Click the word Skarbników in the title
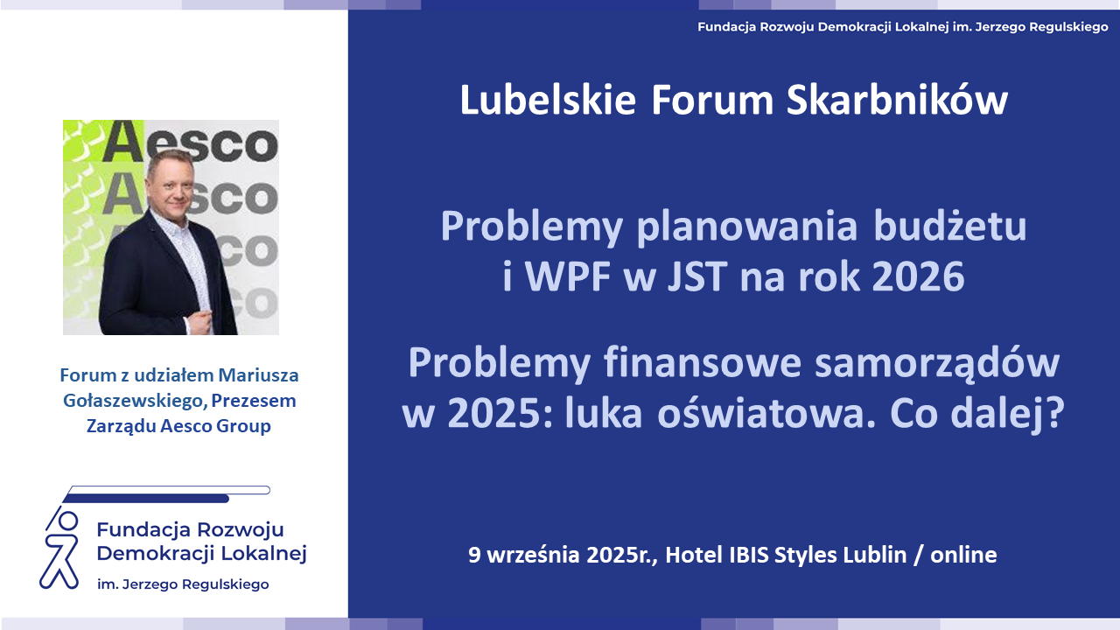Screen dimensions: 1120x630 click(897, 101)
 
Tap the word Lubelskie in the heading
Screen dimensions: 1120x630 click(548, 101)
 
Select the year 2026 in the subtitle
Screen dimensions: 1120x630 click(918, 276)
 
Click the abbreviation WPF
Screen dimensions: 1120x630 click(569, 276)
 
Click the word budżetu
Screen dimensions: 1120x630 click(950, 227)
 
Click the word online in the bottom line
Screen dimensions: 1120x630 click(963, 555)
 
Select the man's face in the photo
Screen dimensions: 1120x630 click(171, 184)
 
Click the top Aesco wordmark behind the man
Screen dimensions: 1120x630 click(190, 142)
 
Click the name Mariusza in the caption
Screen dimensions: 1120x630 click(258, 375)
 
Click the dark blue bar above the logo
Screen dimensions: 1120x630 click(146, 499)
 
